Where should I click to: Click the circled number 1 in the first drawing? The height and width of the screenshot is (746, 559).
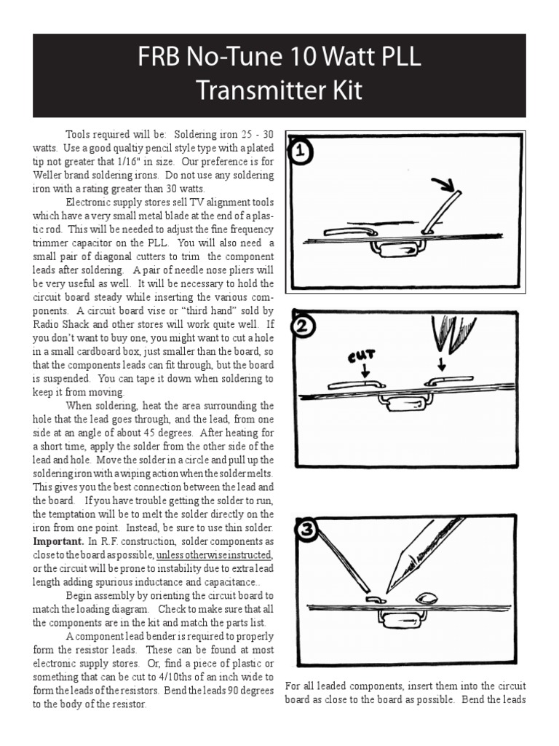pos(301,154)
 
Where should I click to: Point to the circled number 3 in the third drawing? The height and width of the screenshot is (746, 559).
pos(306,530)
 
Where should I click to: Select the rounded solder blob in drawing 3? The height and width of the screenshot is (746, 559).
pos(427,597)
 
